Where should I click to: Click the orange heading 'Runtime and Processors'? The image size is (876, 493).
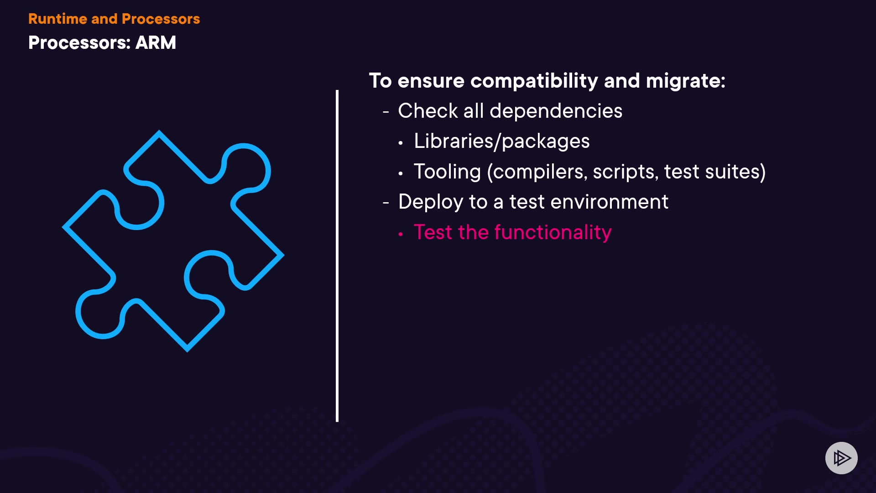[x=114, y=19]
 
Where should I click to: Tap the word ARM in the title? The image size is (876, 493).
[x=156, y=42]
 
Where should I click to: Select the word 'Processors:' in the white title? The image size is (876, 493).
[x=79, y=42]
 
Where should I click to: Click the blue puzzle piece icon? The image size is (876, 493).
[x=173, y=241]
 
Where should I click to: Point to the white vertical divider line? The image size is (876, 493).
[x=337, y=256]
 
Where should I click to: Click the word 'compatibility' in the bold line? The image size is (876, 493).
[x=534, y=81]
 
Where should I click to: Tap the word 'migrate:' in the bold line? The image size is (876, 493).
[x=685, y=81]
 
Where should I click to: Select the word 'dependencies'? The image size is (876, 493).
[x=556, y=111]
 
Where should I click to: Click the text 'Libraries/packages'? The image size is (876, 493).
[x=501, y=142]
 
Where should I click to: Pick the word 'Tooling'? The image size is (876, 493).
[x=447, y=172]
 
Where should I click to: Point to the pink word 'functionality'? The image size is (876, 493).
[x=553, y=233]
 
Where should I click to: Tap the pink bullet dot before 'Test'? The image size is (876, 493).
[x=401, y=234]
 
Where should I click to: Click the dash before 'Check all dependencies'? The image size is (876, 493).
[x=386, y=112]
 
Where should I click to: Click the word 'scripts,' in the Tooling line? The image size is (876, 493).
[x=626, y=172]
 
